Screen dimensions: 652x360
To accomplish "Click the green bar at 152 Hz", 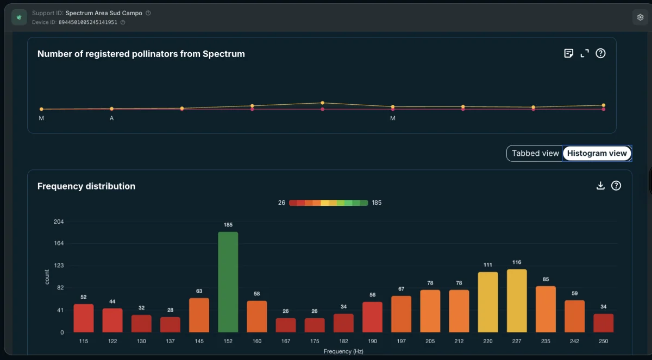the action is pos(228,282).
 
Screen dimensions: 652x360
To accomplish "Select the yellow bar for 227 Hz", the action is pos(517,301).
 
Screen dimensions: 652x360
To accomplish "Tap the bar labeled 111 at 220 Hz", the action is pos(488,302).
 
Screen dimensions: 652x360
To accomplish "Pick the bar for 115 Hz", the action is pos(84,318).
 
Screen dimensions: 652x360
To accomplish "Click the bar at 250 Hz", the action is pos(604,323).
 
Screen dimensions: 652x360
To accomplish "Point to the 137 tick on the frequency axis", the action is pos(170,341).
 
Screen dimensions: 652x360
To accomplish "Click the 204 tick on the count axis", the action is pos(59,222).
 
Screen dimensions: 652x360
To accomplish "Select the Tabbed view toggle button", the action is pos(535,153).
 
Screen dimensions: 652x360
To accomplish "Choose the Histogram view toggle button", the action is pos(597,153).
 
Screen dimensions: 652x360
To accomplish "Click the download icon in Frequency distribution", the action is pos(600,186).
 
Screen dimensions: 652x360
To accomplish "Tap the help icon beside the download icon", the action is pos(616,186).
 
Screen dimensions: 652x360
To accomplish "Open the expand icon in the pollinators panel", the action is pos(585,54).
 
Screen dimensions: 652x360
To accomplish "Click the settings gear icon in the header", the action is pos(640,17).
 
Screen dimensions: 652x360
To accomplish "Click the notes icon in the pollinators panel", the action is pos(568,54).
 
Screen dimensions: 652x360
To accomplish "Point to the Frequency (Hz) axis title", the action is pos(343,351).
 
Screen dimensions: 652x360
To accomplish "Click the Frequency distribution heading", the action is pos(86,186).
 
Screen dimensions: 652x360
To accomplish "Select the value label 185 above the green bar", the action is pos(228,225).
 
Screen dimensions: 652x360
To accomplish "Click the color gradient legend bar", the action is pos(328,203).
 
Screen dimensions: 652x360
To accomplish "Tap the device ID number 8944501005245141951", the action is pos(88,22).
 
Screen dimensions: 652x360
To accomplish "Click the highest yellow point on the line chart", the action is pos(323,103).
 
